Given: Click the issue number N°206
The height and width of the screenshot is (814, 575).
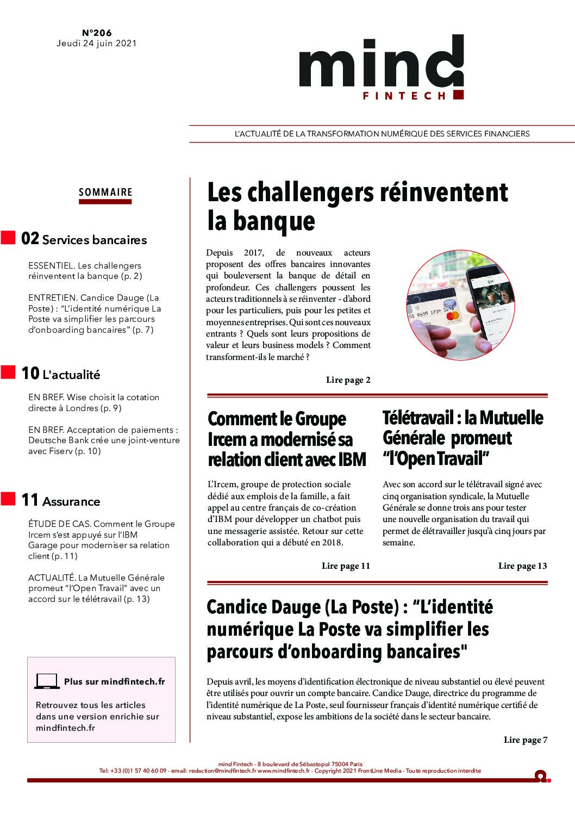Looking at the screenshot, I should [x=97, y=33].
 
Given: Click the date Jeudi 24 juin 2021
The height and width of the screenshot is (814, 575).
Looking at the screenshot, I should [x=97, y=44].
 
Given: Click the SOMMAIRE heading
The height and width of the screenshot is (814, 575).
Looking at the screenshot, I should [x=105, y=192].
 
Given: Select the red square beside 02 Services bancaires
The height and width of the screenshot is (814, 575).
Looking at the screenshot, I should [x=8, y=238].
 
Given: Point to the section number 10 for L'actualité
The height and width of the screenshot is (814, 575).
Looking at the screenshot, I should [x=30, y=374].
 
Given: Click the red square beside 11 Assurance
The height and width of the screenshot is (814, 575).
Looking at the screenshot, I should [x=8, y=499].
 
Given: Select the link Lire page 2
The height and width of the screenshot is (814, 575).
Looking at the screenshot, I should [x=348, y=380].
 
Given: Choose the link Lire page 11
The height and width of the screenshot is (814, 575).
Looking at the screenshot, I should [x=346, y=566].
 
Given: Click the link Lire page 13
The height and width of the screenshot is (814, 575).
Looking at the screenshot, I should [x=522, y=566].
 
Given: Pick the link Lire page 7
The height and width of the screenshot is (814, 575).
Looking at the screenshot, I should [x=526, y=740].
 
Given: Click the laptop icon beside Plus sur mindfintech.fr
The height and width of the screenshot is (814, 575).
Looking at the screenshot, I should [x=47, y=681].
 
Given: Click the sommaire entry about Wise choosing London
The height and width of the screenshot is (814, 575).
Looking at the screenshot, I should [x=93, y=402].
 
